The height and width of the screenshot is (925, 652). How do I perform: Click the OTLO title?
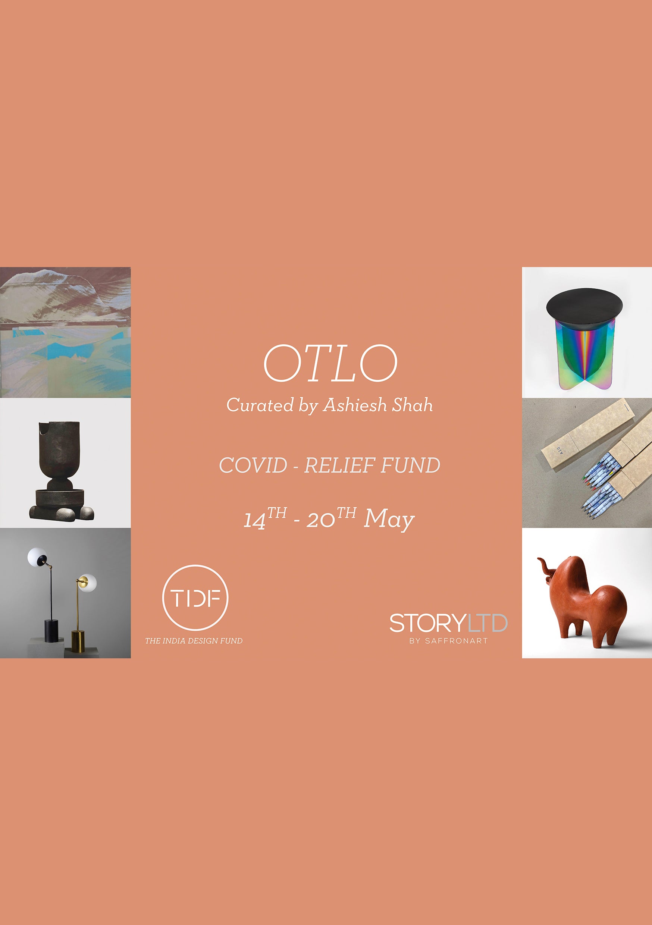[330, 363]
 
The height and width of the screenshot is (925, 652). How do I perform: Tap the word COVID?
[253, 465]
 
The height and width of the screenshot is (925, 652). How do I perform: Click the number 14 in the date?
[255, 521]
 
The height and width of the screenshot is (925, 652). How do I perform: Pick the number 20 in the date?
[320, 521]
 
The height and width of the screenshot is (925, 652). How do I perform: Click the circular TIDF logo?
[195, 598]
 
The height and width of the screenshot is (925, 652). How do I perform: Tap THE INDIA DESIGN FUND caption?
[194, 640]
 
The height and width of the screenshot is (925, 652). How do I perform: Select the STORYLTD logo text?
[448, 623]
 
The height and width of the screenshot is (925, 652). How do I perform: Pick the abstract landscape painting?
[65, 332]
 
